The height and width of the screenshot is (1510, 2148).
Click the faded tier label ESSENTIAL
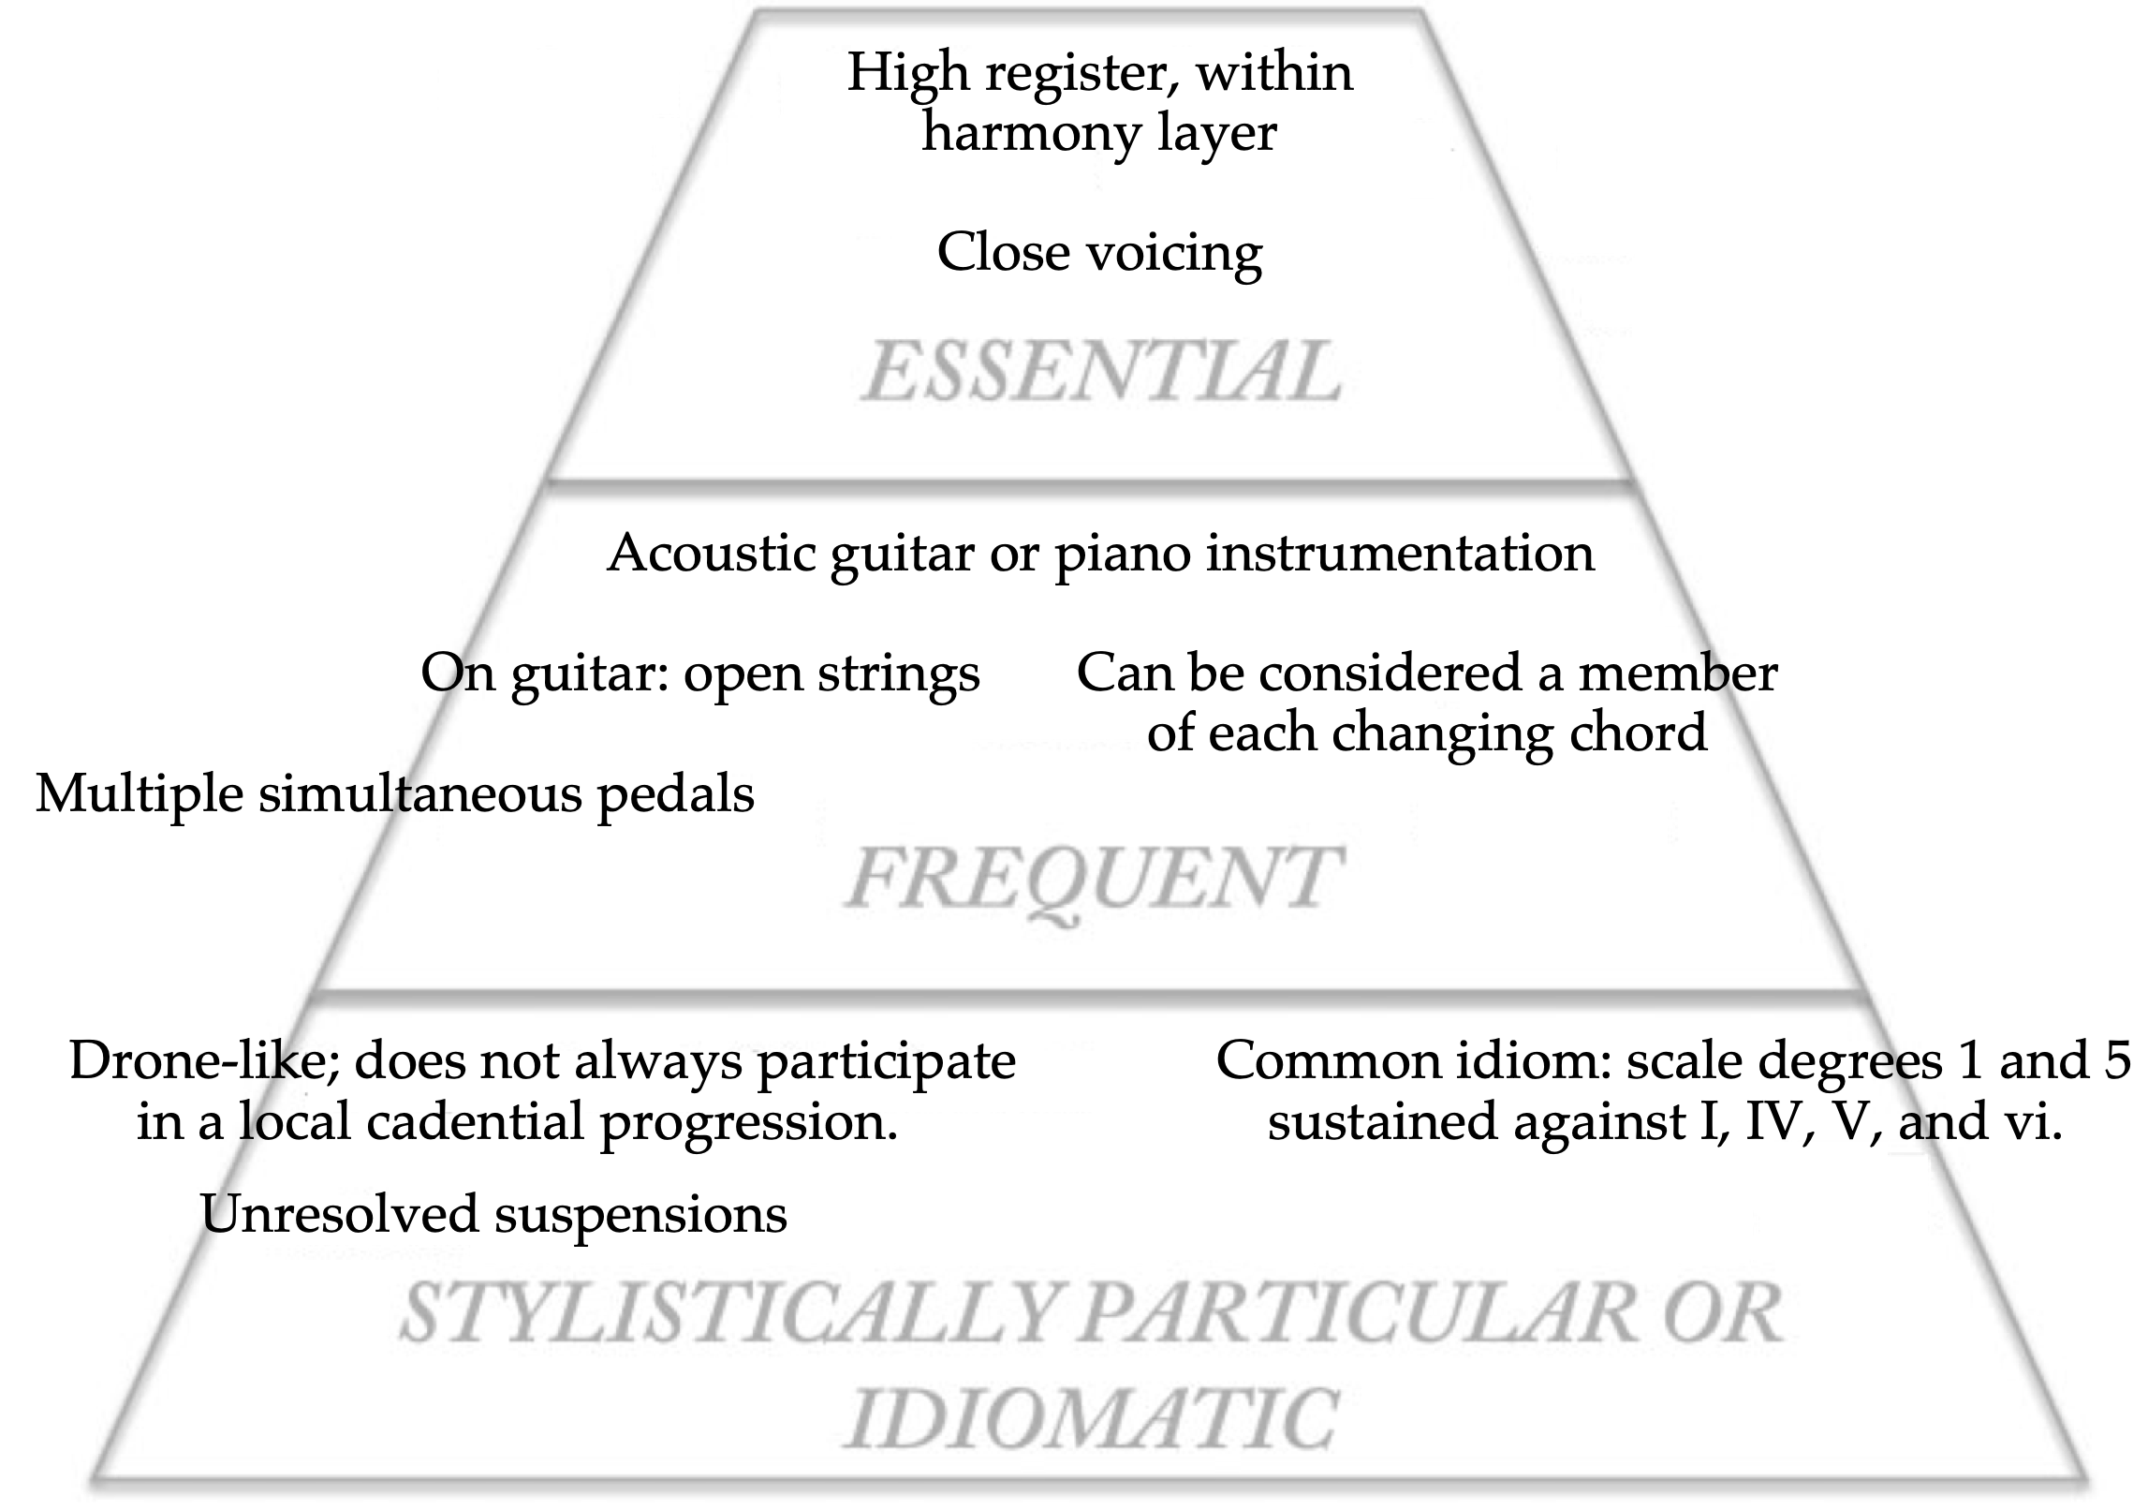click(1101, 372)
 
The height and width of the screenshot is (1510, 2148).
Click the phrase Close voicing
click(1099, 253)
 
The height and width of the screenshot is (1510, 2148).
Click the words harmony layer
click(1099, 133)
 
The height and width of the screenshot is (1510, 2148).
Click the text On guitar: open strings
click(699, 673)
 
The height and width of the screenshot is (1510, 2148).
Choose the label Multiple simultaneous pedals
click(394, 794)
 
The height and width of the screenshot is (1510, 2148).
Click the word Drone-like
click(198, 1061)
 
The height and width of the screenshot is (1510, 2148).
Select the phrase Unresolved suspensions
click(493, 1214)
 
